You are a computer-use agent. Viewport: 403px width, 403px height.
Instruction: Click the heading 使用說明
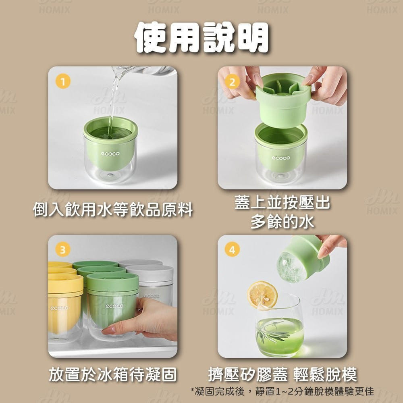pos(201,37)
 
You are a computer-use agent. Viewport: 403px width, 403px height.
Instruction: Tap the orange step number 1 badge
pos(63,81)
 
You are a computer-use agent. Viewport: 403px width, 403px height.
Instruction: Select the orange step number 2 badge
pos(232,82)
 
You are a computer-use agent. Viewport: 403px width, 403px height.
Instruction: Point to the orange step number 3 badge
pos(63,249)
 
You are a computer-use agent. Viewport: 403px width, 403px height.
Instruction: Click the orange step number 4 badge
pos(232,249)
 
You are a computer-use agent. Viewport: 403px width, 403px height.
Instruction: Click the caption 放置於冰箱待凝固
pos(113,374)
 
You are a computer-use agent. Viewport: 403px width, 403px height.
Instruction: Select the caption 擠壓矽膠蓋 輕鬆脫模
pos(283,374)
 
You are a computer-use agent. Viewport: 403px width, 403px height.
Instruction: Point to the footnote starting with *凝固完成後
pos(282,391)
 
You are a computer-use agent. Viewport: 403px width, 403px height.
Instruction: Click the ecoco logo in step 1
pos(110,154)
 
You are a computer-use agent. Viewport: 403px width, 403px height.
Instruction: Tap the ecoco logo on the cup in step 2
pos(281,158)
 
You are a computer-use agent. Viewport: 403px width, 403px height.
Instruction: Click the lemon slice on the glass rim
pos(262,295)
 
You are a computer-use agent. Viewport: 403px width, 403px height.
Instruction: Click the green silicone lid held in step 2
pos(283,100)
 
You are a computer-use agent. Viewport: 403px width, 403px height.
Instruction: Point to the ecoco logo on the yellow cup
pos(59,308)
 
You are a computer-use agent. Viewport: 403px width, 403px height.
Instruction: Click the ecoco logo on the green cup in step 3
pos(114,306)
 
